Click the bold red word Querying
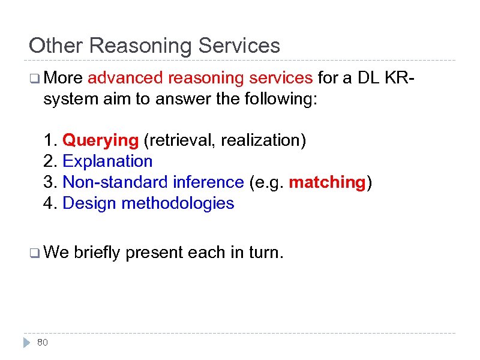pyautogui.click(x=100, y=140)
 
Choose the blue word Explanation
pyautogui.click(x=108, y=161)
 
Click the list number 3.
pyautogui.click(x=49, y=182)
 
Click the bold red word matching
pyautogui.click(x=327, y=182)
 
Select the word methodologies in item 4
pyautogui.click(x=178, y=203)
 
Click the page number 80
pyautogui.click(x=43, y=343)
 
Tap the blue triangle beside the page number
pyautogui.click(x=26, y=343)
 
